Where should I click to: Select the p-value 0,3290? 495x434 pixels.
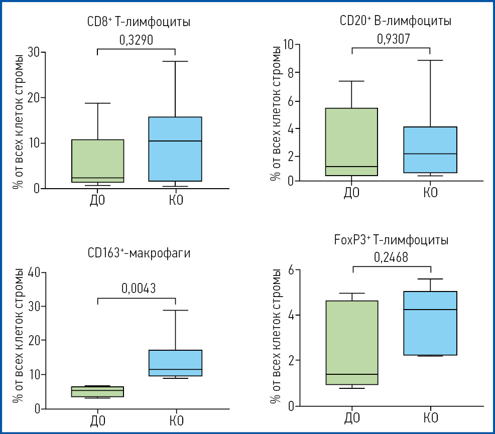click(136, 41)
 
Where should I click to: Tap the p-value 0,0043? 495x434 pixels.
click(138, 289)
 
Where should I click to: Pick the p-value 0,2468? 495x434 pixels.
click(391, 258)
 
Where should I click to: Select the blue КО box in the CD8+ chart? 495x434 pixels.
click(175, 149)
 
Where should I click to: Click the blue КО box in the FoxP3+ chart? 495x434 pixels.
click(431, 323)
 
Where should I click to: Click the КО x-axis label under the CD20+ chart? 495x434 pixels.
click(430, 193)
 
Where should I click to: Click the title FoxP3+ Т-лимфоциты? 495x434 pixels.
click(391, 240)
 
